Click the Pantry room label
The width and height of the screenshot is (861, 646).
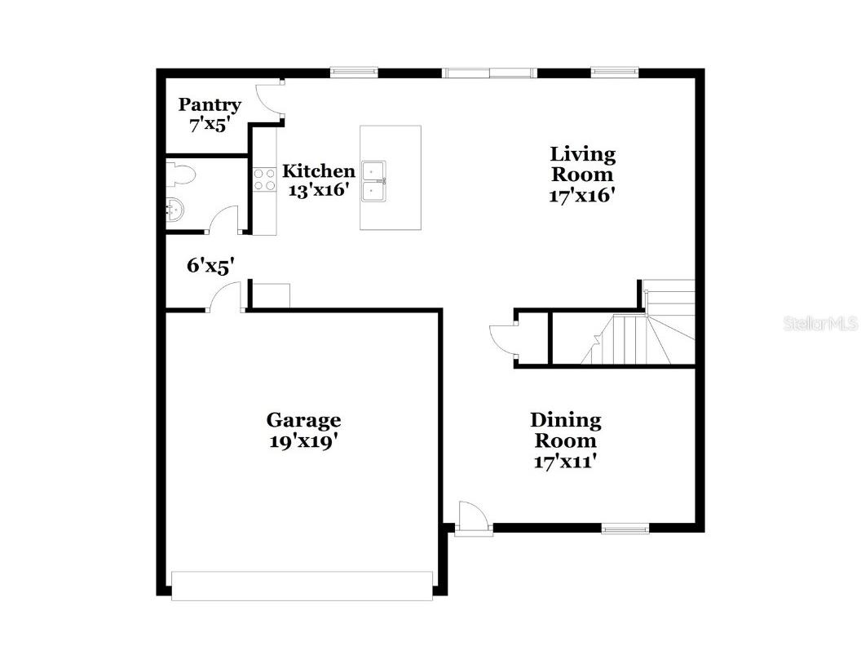tap(210, 104)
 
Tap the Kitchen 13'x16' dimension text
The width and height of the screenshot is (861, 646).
tap(318, 190)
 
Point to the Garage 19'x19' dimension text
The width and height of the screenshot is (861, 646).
tap(303, 441)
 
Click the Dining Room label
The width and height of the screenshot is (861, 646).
tap(565, 430)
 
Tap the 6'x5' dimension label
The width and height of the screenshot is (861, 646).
tap(210, 265)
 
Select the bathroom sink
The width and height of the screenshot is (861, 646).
tap(174, 210)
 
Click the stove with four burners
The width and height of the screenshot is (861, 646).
tap(263, 179)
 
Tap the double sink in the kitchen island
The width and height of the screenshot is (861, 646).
tap(374, 180)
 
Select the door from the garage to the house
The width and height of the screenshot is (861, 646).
tap(225, 297)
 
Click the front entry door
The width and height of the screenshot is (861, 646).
tap(473, 518)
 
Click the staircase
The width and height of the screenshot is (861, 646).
tap(644, 334)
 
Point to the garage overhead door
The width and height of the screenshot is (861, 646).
tap(302, 586)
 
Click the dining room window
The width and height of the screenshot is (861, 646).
tap(625, 529)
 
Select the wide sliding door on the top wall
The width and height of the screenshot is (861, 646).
tap(489, 73)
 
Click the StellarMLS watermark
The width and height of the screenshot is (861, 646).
tap(820, 324)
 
